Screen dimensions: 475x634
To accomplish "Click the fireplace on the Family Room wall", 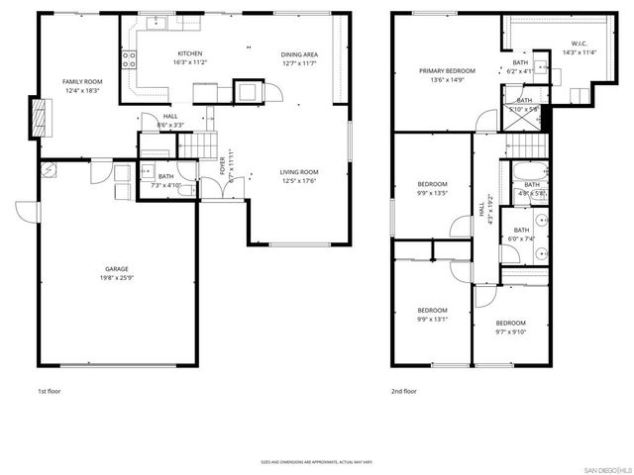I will pos(40,117).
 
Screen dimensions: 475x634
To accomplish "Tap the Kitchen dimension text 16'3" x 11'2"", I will pos(190,62).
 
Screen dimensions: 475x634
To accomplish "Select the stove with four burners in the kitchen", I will pos(129,61).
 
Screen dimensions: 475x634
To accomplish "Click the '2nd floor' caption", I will pos(403,392).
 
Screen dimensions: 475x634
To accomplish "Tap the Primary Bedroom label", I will pos(447,71).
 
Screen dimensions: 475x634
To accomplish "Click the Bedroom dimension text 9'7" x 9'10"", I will pos(510,332).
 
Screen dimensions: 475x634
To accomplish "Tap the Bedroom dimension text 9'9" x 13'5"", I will pos(432,193).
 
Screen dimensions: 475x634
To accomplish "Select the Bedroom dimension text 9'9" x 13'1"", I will pos(432,319).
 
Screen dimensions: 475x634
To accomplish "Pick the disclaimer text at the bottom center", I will pos(318,461).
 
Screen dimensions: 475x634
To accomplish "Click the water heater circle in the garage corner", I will pos(47,170).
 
